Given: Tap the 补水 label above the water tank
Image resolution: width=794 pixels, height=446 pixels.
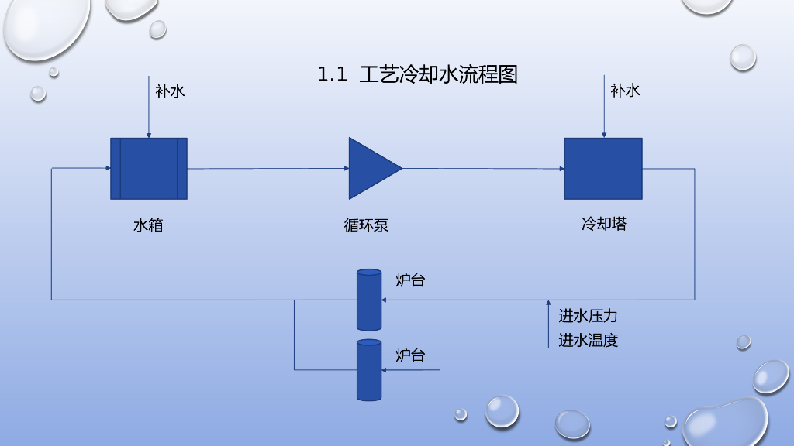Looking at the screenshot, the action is coord(170,91).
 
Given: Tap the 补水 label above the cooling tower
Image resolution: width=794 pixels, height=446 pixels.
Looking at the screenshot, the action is coord(625,91).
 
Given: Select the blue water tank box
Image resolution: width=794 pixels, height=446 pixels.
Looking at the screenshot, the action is coord(149,168).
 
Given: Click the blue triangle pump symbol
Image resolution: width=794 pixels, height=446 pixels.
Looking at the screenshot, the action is coord(372,168).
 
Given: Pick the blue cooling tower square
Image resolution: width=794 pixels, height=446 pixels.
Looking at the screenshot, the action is coord(603,168).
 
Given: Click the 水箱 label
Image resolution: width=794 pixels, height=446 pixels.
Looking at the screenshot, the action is coord(148,226).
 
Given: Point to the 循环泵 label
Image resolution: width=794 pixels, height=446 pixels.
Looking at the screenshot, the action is coord(366,226).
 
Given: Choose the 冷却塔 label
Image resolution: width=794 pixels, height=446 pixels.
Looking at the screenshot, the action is coord(604,225).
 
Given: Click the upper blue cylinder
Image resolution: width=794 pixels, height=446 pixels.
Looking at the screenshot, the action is coord(369,300).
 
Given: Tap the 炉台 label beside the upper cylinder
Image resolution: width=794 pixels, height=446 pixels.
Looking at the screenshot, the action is coord(410,280).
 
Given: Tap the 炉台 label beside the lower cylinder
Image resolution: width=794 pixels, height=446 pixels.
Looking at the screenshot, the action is coord(410,355).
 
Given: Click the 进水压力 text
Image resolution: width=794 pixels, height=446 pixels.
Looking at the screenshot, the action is coord(588,316).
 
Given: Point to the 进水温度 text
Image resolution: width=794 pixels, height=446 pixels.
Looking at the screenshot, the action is coord(588,340).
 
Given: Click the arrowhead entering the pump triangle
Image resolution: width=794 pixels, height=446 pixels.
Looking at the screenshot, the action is coord(346,168).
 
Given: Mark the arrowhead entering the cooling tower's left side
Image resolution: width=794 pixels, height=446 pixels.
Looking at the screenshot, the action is coord(561,168).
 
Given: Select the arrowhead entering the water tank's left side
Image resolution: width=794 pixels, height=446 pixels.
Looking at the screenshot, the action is coord(107,168).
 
